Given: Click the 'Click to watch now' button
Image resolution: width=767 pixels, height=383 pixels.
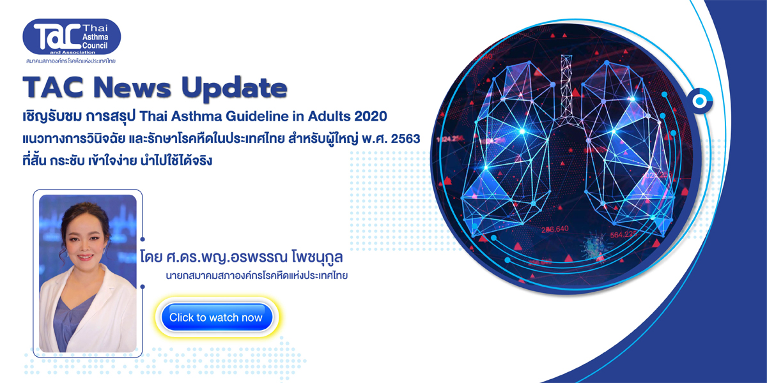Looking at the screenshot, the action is (x=217, y=317).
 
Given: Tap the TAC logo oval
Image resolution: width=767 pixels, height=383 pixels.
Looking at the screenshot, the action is (x=72, y=36).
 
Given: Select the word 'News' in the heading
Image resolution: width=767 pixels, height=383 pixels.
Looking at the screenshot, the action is (x=132, y=88).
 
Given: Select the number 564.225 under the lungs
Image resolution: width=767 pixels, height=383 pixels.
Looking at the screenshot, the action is (x=623, y=235).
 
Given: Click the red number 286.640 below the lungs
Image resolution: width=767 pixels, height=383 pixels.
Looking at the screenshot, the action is (x=555, y=229).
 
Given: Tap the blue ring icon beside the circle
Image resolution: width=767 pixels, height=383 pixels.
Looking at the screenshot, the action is (x=700, y=101).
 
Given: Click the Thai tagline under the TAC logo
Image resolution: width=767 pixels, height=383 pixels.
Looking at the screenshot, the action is (x=71, y=61).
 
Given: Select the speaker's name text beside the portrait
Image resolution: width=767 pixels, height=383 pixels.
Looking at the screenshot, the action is (x=242, y=257).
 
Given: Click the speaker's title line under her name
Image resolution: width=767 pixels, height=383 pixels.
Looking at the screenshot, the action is (x=256, y=275).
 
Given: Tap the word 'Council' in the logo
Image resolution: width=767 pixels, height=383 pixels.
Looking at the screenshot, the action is (x=95, y=45).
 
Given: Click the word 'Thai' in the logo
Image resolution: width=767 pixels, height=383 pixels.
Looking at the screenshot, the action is (x=95, y=28).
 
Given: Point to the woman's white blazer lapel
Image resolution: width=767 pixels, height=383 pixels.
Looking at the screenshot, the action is (x=58, y=301).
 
